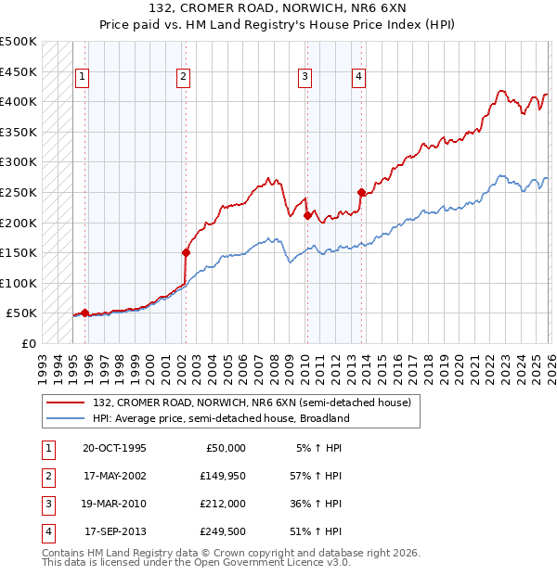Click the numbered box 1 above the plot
tap(84, 77)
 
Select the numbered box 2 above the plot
tap(184, 77)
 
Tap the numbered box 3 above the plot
tap(304, 77)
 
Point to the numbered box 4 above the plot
tap(357, 77)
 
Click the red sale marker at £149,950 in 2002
tap(186, 251)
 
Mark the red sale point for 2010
tap(307, 215)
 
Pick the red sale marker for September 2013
tap(361, 192)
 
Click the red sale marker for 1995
tap(84, 313)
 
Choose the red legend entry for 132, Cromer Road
tap(251, 402)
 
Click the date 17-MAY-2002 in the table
tap(115, 476)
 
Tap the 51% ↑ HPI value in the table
tap(318, 531)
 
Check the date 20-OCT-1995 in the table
tap(114, 448)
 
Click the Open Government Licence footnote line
tap(196, 563)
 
